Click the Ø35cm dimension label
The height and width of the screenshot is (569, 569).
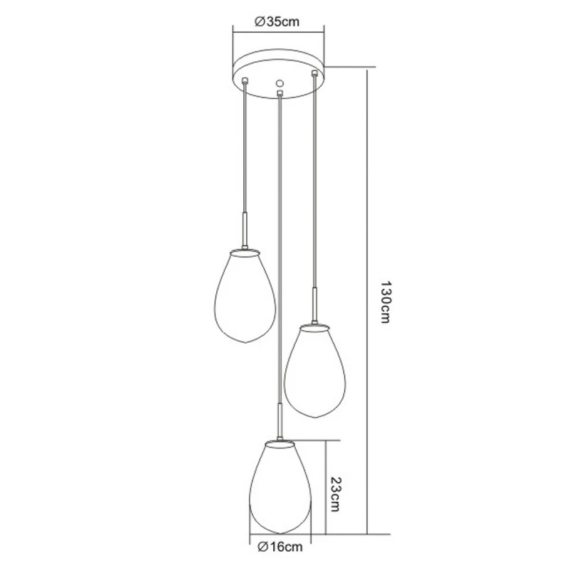(x=277, y=22)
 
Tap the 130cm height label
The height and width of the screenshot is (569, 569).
(x=385, y=302)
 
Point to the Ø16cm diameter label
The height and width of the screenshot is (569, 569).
(x=280, y=547)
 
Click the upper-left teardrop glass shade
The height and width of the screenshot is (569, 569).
(x=245, y=296)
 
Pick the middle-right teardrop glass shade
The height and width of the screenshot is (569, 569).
(x=314, y=371)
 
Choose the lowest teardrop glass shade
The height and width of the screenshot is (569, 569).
(x=280, y=487)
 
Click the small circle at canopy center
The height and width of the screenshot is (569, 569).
(x=279, y=83)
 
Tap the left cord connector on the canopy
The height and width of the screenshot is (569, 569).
(x=245, y=80)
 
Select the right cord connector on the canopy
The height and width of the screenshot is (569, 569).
(x=314, y=74)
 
